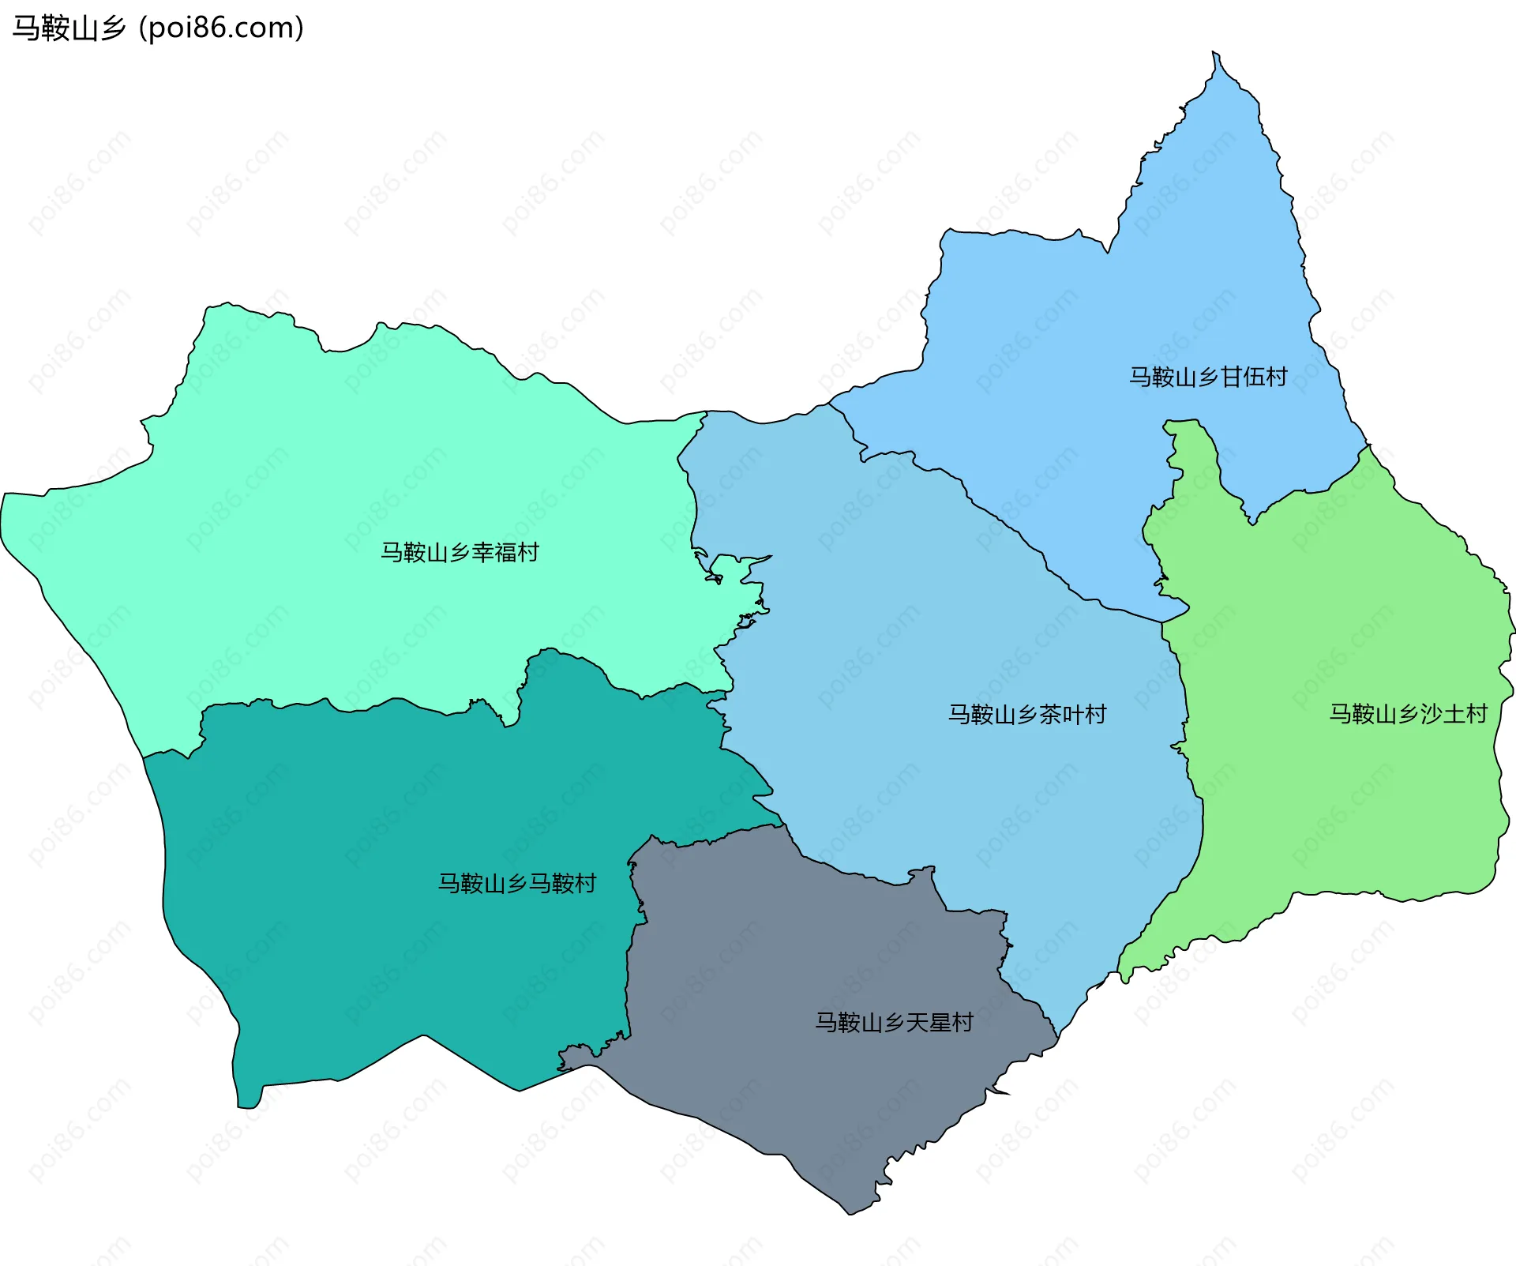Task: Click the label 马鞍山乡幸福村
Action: (460, 552)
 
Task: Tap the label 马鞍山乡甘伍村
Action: (1207, 377)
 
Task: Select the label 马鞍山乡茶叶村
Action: (1026, 715)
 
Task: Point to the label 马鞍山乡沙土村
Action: (1408, 714)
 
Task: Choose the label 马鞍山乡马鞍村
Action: (517, 883)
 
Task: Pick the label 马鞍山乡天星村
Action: (894, 1023)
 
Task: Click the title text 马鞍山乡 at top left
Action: (69, 28)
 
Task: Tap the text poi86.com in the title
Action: (221, 28)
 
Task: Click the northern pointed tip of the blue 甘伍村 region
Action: (1216, 57)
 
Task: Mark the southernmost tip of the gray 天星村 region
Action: (850, 1212)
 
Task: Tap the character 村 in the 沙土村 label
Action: (1476, 714)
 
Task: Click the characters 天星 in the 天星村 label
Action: (928, 1023)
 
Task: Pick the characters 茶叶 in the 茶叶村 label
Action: (1060, 715)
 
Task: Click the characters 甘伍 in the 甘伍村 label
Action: (1241, 377)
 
